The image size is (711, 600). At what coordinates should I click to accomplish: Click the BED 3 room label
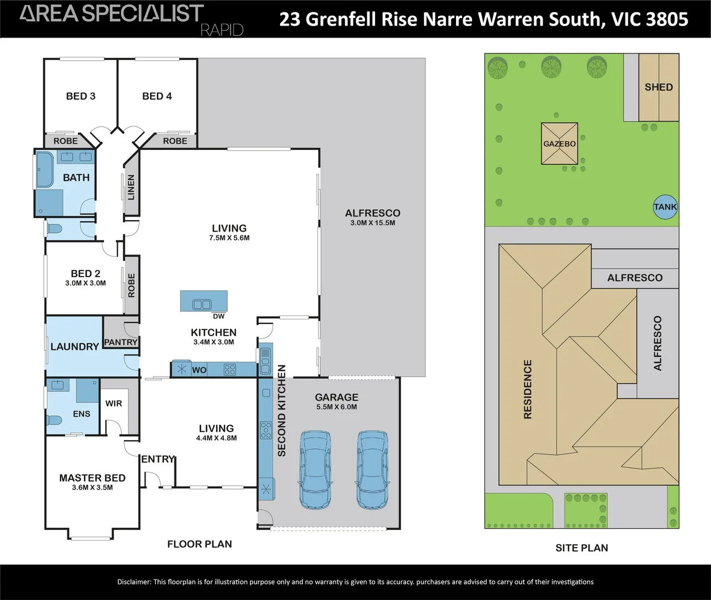point(81,96)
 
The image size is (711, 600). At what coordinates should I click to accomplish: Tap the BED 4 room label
point(157,96)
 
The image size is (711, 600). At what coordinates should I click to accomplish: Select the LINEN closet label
point(131,188)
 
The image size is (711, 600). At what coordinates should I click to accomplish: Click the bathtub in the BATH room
point(44,169)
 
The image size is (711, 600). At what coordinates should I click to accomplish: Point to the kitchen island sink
point(202,304)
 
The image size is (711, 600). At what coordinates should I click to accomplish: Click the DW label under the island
point(219,316)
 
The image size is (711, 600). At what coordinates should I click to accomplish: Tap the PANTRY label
point(121,342)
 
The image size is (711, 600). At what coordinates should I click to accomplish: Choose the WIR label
point(113,403)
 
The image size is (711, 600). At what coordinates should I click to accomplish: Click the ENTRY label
point(158,459)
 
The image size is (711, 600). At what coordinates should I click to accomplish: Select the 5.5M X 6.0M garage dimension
point(337,407)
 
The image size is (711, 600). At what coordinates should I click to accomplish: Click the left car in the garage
point(316,470)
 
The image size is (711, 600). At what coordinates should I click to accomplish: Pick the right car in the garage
point(372,470)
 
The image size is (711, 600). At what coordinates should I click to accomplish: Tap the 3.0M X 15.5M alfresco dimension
point(373,223)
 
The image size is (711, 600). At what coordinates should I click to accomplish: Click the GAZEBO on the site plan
point(559,144)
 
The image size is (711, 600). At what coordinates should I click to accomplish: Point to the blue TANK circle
point(665,207)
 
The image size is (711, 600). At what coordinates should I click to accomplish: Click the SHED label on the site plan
point(659,87)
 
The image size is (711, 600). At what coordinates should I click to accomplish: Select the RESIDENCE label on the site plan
point(528,389)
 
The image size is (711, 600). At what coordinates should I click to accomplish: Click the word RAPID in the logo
point(222,31)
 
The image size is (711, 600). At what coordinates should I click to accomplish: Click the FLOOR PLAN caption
point(199,544)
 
